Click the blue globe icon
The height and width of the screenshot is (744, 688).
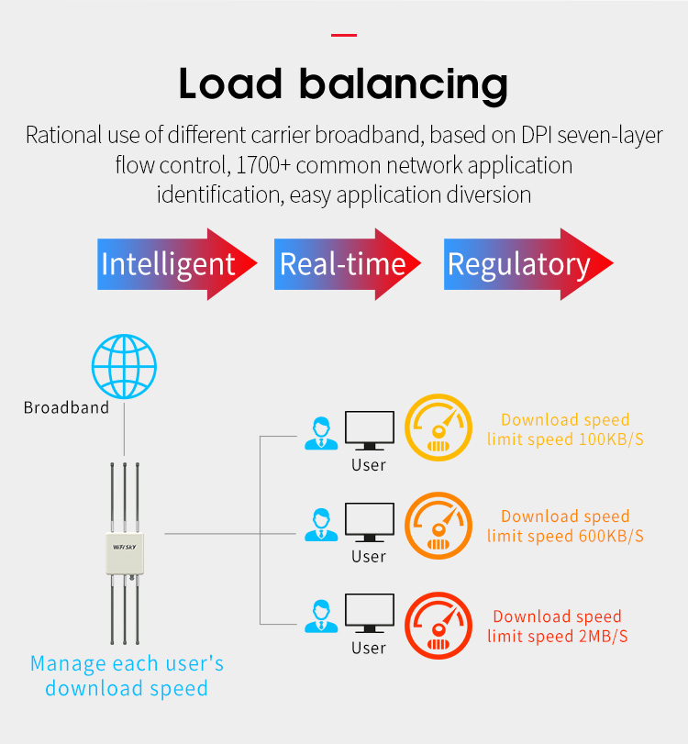click(124, 365)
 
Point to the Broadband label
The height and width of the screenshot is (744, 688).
click(66, 407)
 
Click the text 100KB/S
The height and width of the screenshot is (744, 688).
click(611, 439)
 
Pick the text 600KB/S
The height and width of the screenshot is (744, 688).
click(611, 536)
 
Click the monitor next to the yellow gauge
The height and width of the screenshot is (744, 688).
click(369, 430)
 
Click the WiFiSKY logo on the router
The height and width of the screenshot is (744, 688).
click(124, 541)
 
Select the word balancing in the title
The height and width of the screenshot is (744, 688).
click(405, 84)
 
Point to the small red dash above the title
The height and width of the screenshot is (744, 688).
click(343, 36)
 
